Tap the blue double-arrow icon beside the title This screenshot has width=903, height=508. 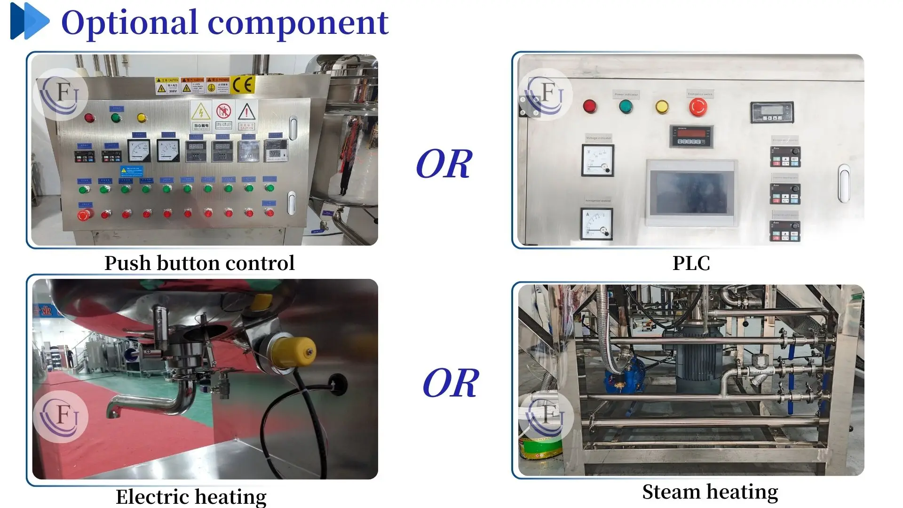pyautogui.click(x=29, y=21)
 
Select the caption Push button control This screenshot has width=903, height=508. pyautogui.click(x=199, y=263)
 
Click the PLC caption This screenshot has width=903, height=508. pyautogui.click(x=691, y=263)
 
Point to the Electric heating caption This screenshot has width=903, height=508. pyautogui.click(x=191, y=496)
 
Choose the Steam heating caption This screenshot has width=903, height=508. pyautogui.click(x=710, y=492)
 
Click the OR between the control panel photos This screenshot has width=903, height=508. pyautogui.click(x=444, y=164)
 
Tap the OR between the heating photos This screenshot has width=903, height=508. pyautogui.click(x=451, y=383)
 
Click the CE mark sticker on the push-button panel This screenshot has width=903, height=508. pyautogui.click(x=243, y=85)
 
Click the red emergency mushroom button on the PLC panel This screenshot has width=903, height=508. pyautogui.click(x=698, y=108)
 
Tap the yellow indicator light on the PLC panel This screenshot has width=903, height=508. pyautogui.click(x=662, y=107)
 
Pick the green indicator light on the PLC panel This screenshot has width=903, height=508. pyautogui.click(x=626, y=107)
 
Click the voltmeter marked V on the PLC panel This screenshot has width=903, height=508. pyautogui.click(x=597, y=160)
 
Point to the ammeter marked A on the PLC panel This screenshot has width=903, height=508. pyautogui.click(x=597, y=224)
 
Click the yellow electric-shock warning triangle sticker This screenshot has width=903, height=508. pyautogui.click(x=201, y=113)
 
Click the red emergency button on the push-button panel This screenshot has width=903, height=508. pyautogui.click(x=84, y=215)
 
